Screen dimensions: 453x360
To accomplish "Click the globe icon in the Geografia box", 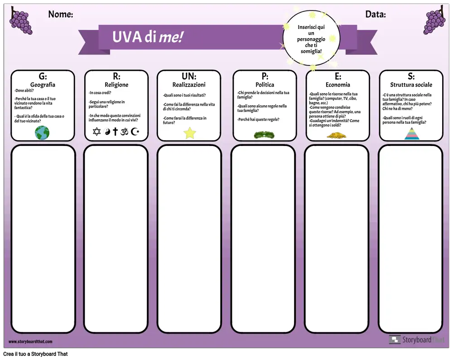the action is tap(42, 133).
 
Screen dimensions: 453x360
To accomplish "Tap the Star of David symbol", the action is tap(97, 131).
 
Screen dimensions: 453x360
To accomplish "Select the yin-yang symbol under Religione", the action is tap(107, 132).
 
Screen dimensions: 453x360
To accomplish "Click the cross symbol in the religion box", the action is tap(115, 131).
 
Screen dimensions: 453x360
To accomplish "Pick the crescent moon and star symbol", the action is tap(135, 131).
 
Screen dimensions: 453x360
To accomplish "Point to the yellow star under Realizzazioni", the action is tap(190, 133).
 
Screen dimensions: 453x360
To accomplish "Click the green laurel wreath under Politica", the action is tap(264, 135).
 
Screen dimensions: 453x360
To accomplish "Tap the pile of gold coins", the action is tap(337, 135).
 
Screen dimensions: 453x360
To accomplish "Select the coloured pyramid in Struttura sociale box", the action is tap(412, 134).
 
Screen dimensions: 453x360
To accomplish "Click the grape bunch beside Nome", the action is tap(21, 21).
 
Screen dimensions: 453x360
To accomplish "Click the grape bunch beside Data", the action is tap(434, 20).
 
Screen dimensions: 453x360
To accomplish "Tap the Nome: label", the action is tap(61, 14).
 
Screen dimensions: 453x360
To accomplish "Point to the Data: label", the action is tap(375, 14).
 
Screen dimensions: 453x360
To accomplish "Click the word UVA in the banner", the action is tap(127, 37).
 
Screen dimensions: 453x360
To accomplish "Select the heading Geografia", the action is tap(43, 85).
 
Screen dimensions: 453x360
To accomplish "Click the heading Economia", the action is tap(338, 85).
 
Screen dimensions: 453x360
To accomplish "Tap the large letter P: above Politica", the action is tap(265, 76).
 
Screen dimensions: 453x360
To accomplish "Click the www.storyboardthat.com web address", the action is tap(30, 341).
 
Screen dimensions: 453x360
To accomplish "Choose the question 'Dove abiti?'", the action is tap(24, 91).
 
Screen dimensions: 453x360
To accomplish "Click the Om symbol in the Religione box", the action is tap(124, 132).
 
